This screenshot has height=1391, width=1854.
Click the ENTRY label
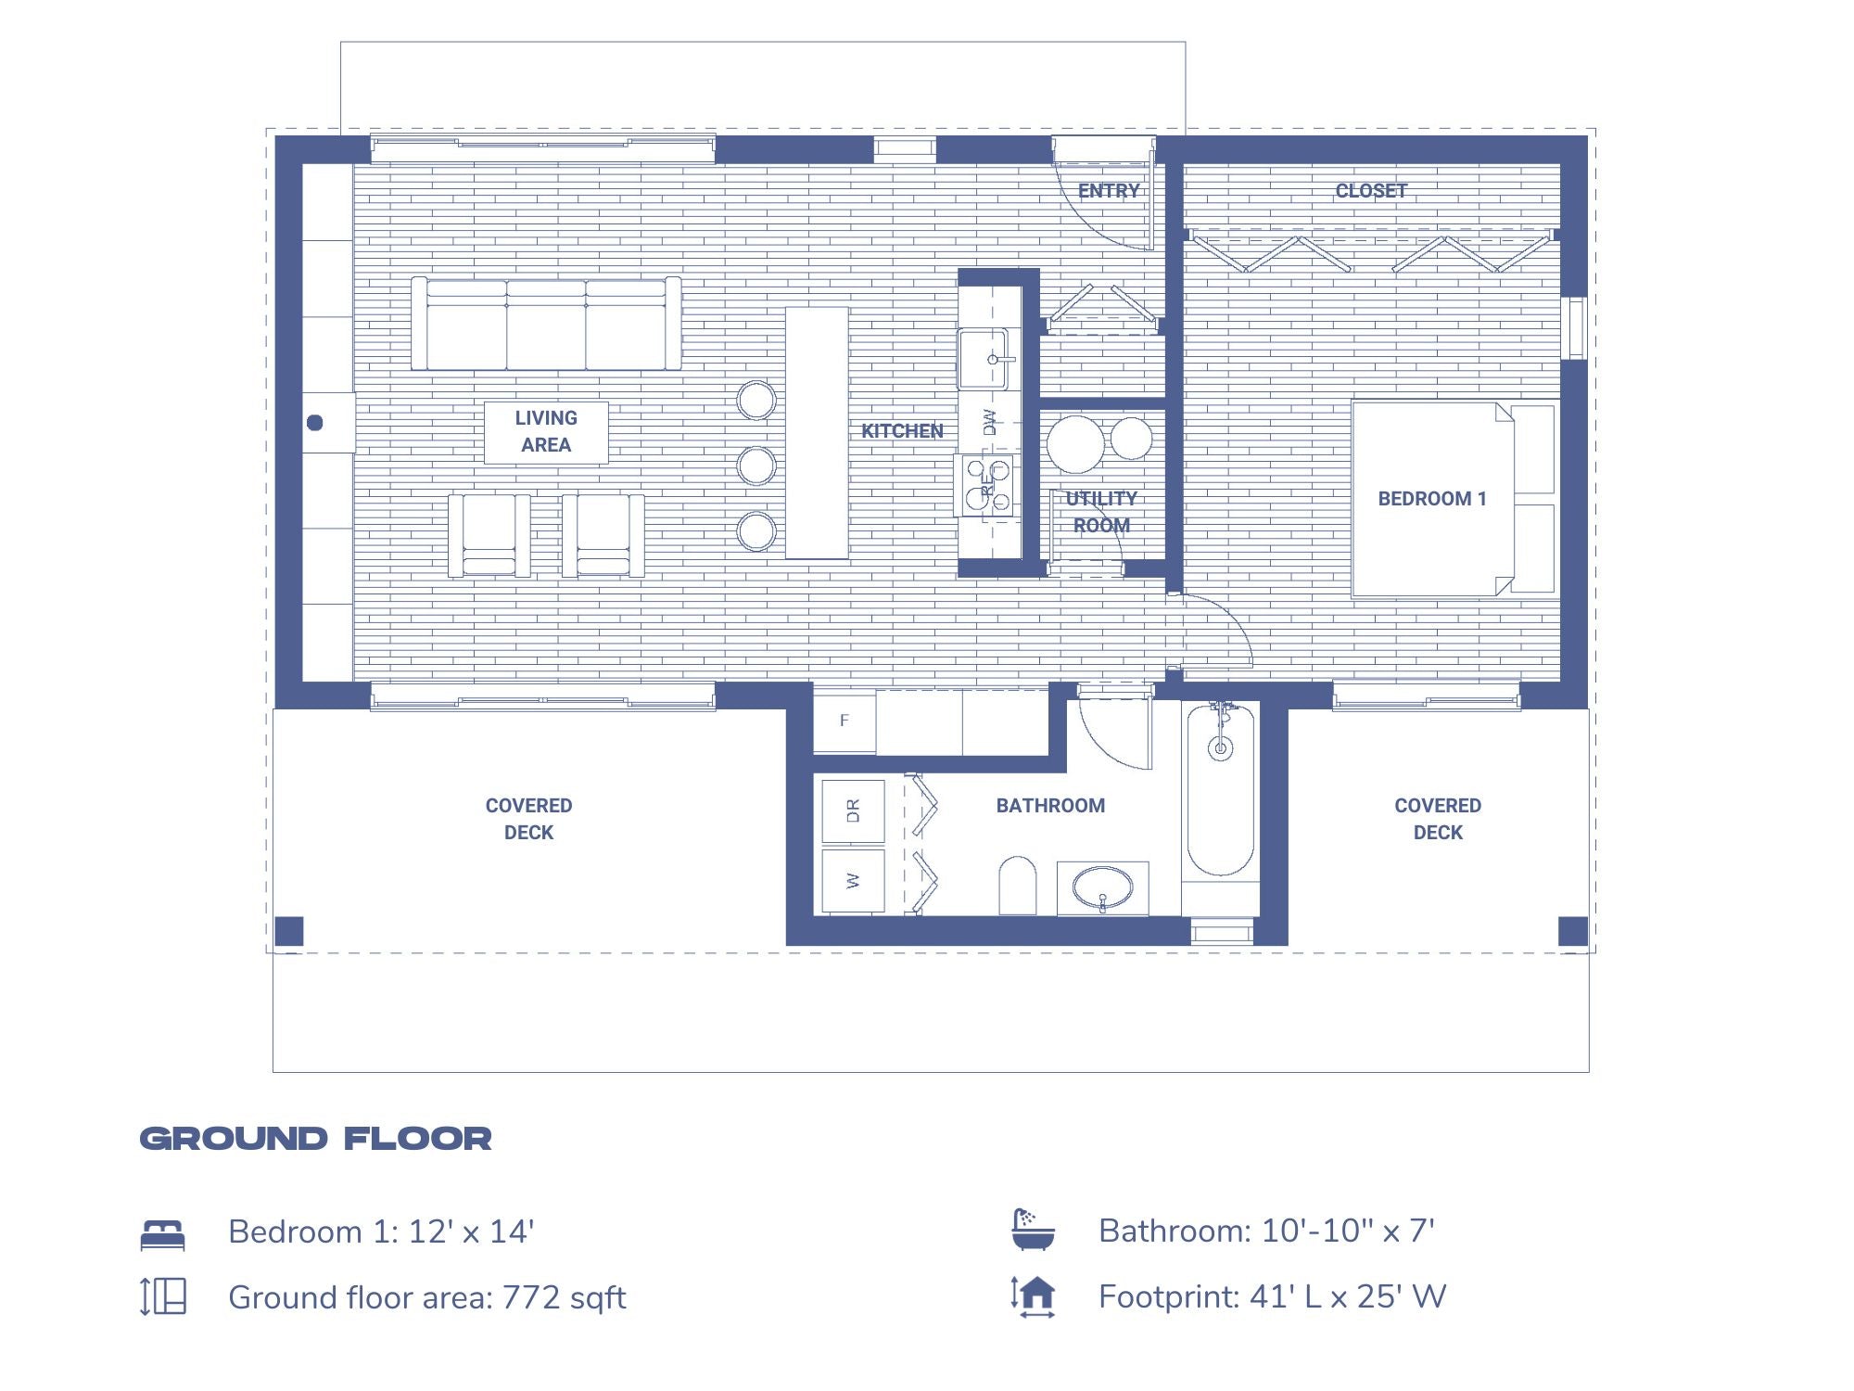[1109, 191]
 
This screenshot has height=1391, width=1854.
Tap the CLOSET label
[1371, 191]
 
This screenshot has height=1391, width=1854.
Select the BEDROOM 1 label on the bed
[1432, 499]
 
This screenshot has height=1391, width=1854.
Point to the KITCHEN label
[902, 431]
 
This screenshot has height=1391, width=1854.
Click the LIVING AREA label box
[546, 432]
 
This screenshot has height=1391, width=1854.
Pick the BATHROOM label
[1050, 806]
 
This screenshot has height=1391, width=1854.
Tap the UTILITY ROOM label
[1101, 512]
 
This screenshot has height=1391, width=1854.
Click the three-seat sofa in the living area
[546, 324]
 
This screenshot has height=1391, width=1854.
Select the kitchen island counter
[817, 433]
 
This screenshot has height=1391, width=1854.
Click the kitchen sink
[984, 359]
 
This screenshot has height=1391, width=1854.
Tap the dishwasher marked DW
[989, 422]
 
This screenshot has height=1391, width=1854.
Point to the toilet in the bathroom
[1017, 886]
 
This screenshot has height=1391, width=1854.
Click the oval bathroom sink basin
[1102, 887]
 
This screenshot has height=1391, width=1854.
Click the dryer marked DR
[853, 811]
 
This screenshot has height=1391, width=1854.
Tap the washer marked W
[853, 881]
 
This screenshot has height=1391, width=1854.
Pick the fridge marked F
[844, 721]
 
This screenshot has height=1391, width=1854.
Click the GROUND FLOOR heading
[316, 1139]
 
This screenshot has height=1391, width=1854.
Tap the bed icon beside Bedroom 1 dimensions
[163, 1235]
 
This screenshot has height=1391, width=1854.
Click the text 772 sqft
[564, 1298]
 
